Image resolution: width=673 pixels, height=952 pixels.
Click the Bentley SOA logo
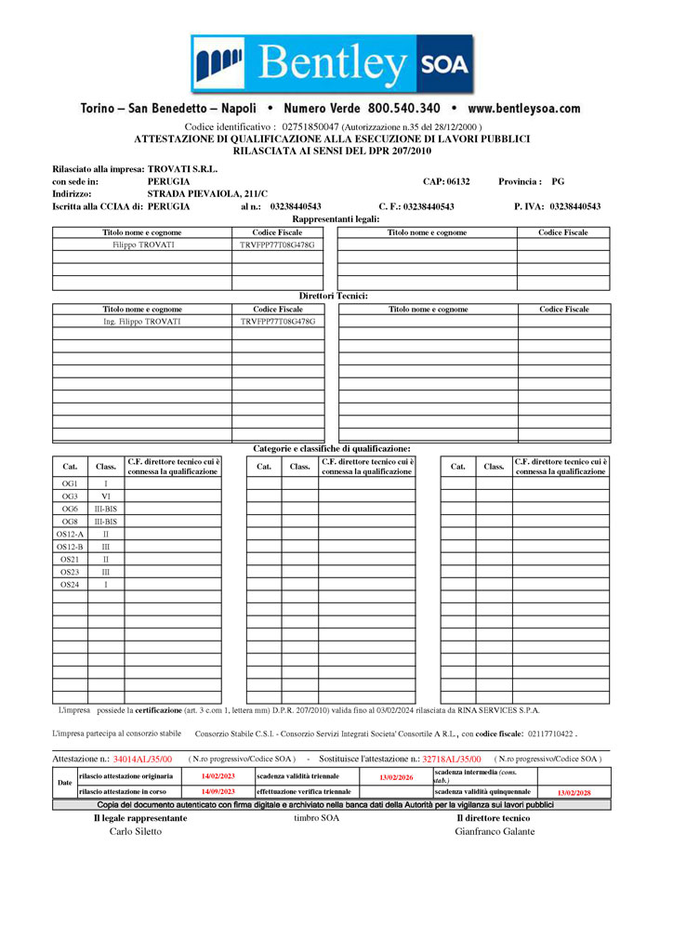tap(332, 64)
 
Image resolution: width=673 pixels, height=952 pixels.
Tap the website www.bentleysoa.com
tap(523, 109)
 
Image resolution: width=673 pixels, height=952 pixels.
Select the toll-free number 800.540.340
tap(403, 109)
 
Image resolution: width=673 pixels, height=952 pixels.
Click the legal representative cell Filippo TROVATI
tap(142, 245)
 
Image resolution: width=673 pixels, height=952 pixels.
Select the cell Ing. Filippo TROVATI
tap(142, 322)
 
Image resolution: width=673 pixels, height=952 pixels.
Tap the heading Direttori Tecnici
tap(333, 296)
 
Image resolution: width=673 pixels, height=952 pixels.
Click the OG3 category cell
tap(70, 496)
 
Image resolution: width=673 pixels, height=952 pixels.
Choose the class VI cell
tap(106, 496)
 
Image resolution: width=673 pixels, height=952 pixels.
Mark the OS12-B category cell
tap(70, 548)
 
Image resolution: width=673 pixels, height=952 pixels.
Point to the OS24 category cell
tap(70, 585)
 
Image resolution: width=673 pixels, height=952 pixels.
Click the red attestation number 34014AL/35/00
tap(142, 760)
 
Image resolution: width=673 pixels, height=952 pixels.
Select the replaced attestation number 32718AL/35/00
tap(452, 760)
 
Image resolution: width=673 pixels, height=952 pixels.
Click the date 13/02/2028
tap(574, 793)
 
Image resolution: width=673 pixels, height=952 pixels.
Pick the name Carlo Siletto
tap(136, 831)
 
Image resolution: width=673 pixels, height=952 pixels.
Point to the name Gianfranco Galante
tap(495, 831)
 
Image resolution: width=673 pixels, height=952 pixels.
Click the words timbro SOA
tap(316, 818)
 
